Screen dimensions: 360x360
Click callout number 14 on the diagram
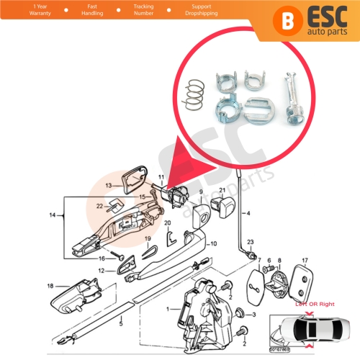pos(51,215)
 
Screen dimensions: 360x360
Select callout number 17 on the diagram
pos(305,261)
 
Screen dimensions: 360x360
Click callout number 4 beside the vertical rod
pos(249,213)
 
